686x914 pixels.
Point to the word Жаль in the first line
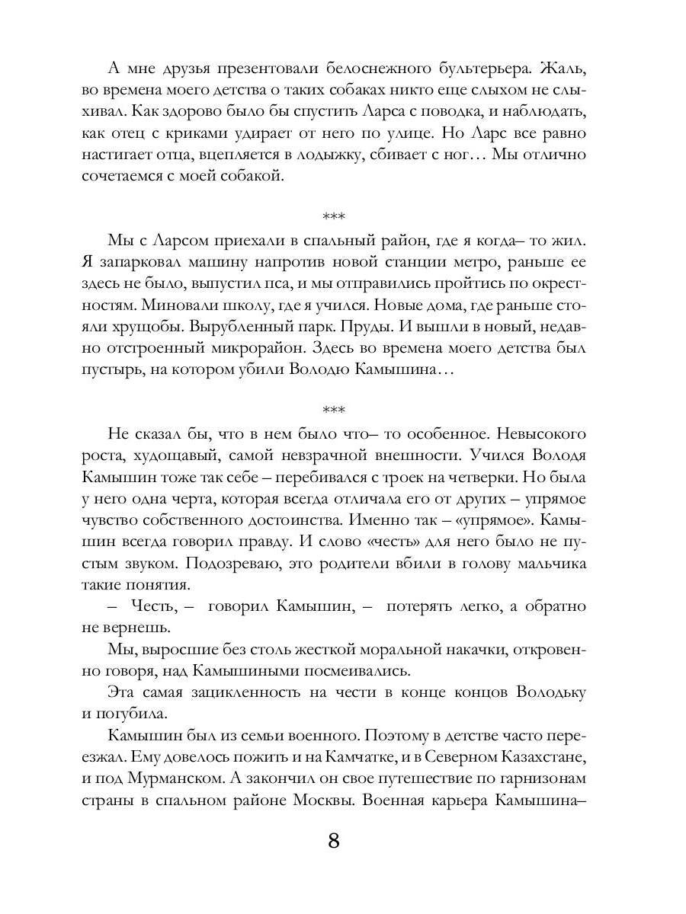(560, 68)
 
